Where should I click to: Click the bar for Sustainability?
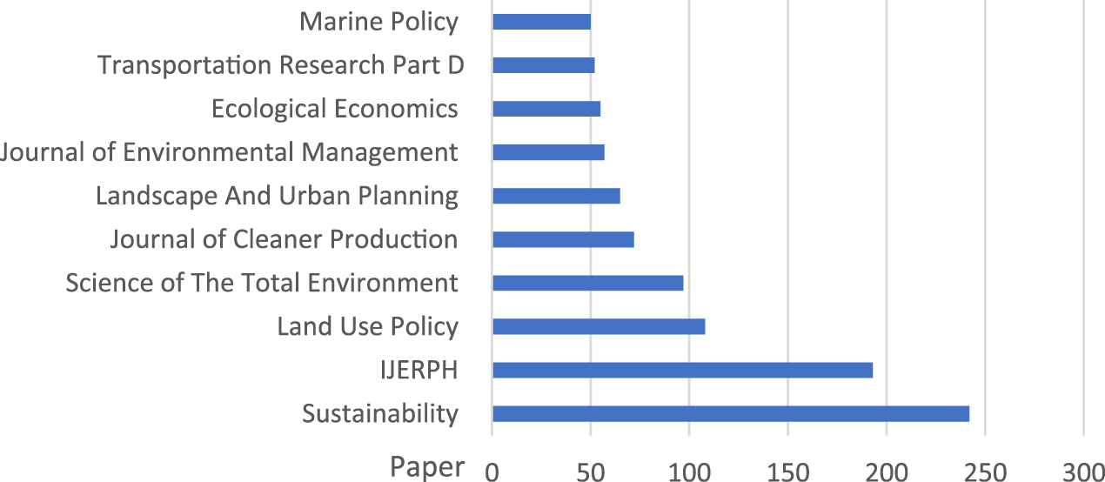coord(731,413)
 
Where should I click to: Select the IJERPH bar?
coord(682,370)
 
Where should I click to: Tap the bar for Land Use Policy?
coord(599,326)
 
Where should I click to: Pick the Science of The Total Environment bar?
coord(587,283)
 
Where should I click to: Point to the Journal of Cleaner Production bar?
coord(563,239)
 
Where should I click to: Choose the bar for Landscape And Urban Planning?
coord(556,196)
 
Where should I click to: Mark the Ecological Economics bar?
coord(546,109)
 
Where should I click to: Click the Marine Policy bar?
coord(541,22)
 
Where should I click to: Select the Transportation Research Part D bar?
coord(543,65)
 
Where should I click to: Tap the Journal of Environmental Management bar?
coord(548,152)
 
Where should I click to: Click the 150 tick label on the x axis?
coord(787,471)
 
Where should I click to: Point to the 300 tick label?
coord(1083,471)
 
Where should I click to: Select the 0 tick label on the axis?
coord(492,471)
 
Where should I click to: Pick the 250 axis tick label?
coord(985,471)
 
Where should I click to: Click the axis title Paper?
coord(427,467)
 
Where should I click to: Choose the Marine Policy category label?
coord(378,22)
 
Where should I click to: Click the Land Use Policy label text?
coord(367,326)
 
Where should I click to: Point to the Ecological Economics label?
coord(335,109)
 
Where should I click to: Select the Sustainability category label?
coord(380,413)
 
